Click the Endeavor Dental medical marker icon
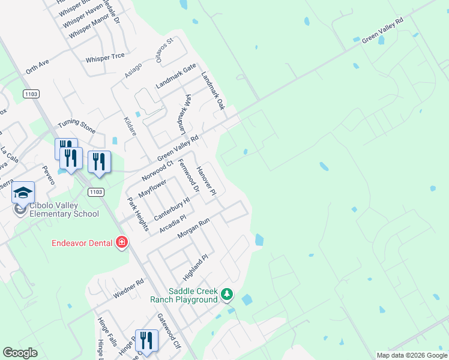click(x=122, y=242)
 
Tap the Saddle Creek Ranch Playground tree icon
click(x=226, y=293)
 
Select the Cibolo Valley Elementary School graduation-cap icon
click(x=23, y=193)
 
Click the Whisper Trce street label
click(x=105, y=56)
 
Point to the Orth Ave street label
click(x=37, y=67)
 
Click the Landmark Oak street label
click(x=212, y=91)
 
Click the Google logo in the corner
click(x=20, y=353)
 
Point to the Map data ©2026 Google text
click(x=412, y=355)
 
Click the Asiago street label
click(x=133, y=70)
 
